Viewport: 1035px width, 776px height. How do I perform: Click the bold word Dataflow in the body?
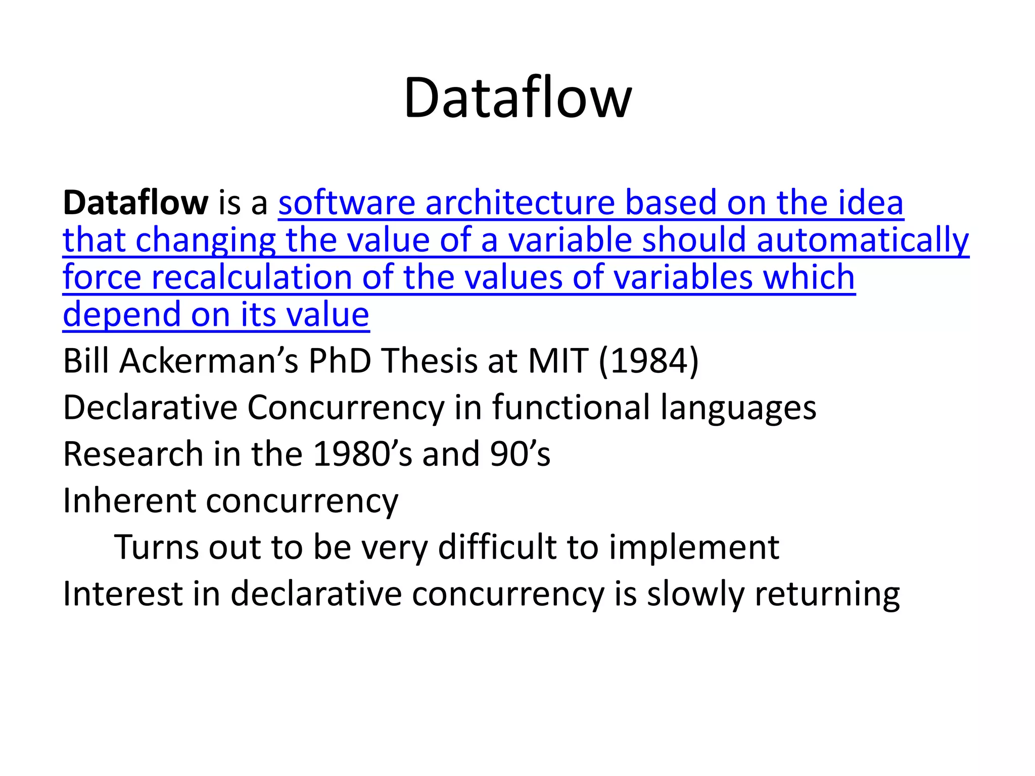pos(135,203)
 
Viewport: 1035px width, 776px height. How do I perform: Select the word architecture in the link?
pos(520,203)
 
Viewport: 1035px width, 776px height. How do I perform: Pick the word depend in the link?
pos(121,315)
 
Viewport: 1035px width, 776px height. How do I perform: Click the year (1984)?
pos(649,361)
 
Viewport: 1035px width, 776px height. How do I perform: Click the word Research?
pos(133,454)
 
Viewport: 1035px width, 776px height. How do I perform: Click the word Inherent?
pos(129,501)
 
